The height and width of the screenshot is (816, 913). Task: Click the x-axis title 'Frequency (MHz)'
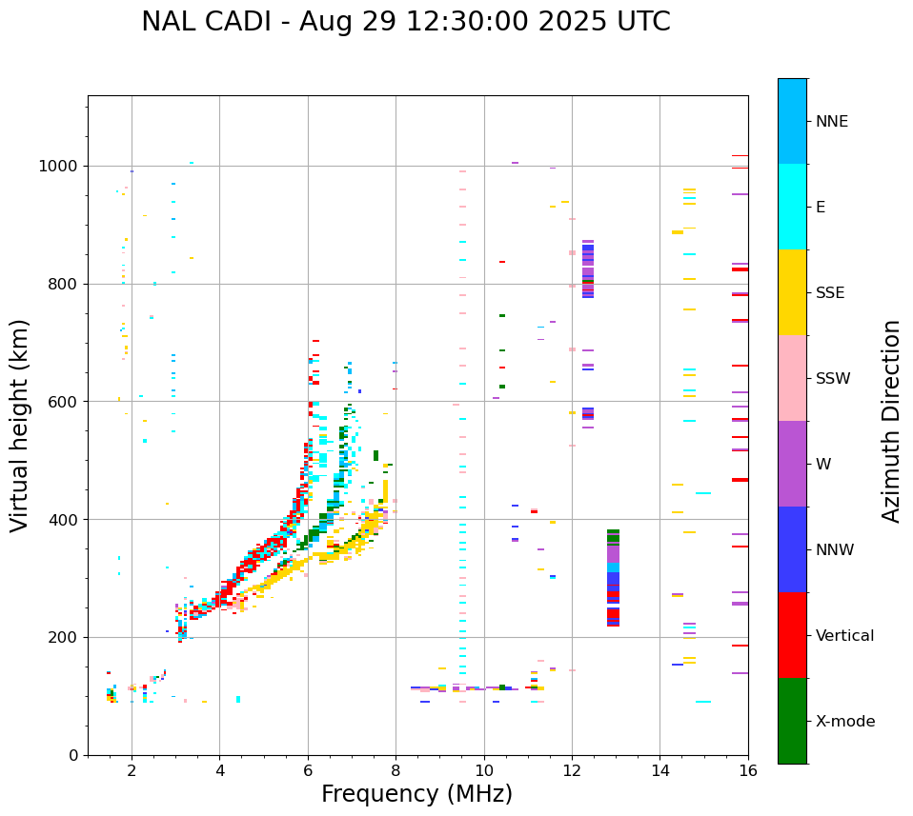(416, 794)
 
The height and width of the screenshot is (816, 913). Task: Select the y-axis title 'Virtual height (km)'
(20, 426)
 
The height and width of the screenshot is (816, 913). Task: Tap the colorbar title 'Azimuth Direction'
(891, 421)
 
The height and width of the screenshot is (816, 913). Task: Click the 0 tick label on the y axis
(74, 755)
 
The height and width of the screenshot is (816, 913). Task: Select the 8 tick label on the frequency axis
(396, 770)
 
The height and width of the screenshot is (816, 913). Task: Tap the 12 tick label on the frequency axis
(572, 770)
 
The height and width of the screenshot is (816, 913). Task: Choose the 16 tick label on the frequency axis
(748, 770)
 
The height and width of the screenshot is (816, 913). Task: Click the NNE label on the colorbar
(831, 122)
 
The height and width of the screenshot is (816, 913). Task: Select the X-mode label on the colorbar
(844, 722)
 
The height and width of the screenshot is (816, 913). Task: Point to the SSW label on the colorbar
(833, 379)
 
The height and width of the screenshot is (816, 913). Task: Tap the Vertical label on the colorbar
(844, 636)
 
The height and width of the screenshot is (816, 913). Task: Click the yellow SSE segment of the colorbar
(792, 292)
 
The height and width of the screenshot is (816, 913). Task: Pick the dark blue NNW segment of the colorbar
(792, 549)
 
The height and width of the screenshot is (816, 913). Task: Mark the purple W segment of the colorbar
(792, 464)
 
